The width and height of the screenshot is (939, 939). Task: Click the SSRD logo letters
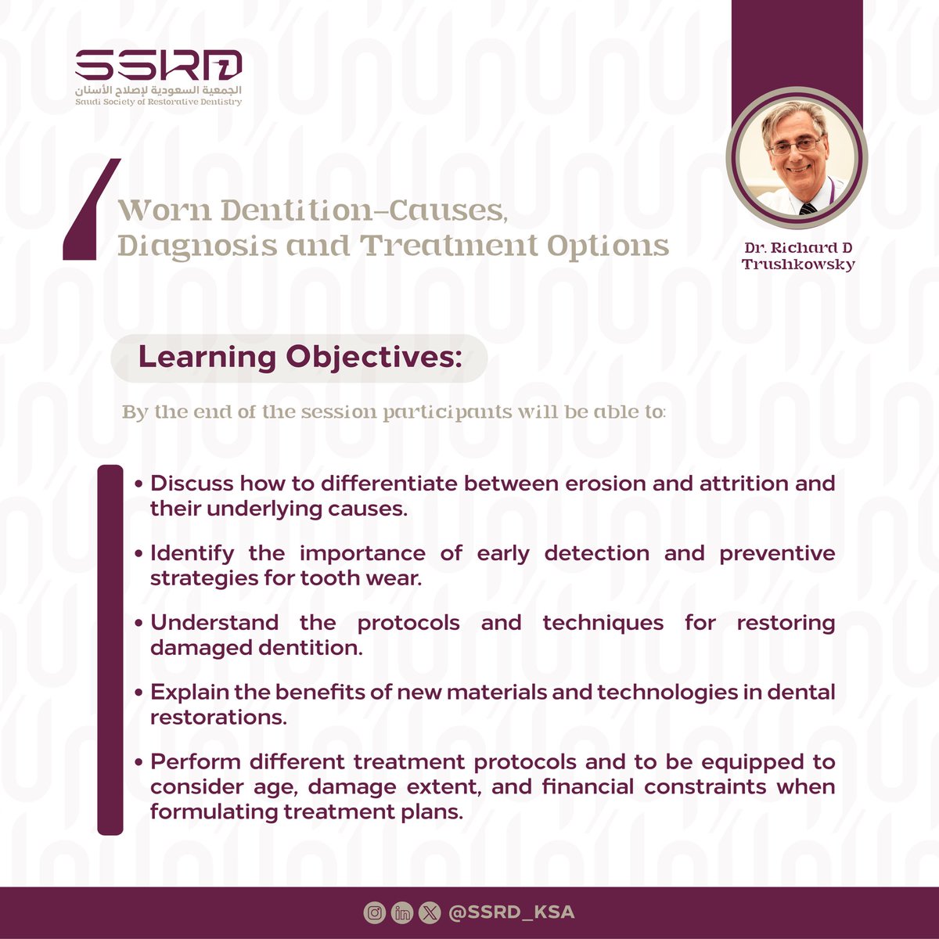coord(158,64)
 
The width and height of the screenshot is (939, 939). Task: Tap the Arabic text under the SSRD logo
coord(158,88)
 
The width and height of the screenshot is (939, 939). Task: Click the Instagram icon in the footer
coord(375,912)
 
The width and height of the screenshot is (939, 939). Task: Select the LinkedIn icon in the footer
coord(402,912)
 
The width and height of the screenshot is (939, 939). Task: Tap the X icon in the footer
coord(430,912)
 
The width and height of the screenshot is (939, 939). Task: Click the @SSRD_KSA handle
coord(512,912)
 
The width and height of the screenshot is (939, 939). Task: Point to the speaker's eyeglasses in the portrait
coord(795,146)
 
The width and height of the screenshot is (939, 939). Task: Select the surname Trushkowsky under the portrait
coord(798,264)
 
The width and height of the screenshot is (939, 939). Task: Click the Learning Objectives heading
coord(300,358)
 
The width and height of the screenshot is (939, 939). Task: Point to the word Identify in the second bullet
coord(192,553)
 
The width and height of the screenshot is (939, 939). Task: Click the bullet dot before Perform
coord(139,763)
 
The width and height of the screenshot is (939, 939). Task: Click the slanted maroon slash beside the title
coord(91,210)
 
